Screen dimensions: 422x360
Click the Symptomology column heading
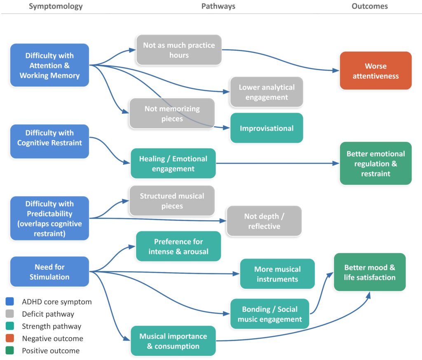pyautogui.click(x=56, y=6)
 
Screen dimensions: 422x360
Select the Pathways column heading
pyautogui.click(x=218, y=6)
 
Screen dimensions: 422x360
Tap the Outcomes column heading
pyautogui.click(x=370, y=6)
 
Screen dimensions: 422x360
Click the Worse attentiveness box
pyautogui.click(x=376, y=71)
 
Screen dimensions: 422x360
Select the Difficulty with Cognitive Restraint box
pyautogui.click(x=49, y=141)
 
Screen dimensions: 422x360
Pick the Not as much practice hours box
pyautogui.click(x=179, y=50)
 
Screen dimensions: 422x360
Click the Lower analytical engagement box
pyautogui.click(x=267, y=92)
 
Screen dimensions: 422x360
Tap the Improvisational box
pyautogui.click(x=267, y=128)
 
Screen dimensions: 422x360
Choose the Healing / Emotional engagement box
pyautogui.click(x=173, y=163)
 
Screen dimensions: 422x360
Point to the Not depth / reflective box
pyautogui.click(x=264, y=221)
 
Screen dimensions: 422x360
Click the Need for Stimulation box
pyautogui.click(x=49, y=271)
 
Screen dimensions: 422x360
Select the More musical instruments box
pyautogui.click(x=277, y=274)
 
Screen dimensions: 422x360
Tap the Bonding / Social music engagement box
pyautogui.click(x=270, y=314)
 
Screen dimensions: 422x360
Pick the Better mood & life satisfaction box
pyautogui.click(x=370, y=272)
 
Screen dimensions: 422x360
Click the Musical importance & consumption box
pyautogui.click(x=173, y=341)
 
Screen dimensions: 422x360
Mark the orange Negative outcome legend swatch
pyautogui.click(x=10, y=338)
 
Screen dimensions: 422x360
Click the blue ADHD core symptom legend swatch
pyautogui.click(x=10, y=301)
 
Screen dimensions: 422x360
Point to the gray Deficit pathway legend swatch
pyautogui.click(x=10, y=314)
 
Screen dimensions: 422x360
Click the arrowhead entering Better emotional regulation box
pyautogui.click(x=336, y=163)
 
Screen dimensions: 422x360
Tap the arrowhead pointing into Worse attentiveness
pyautogui.click(x=336, y=71)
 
